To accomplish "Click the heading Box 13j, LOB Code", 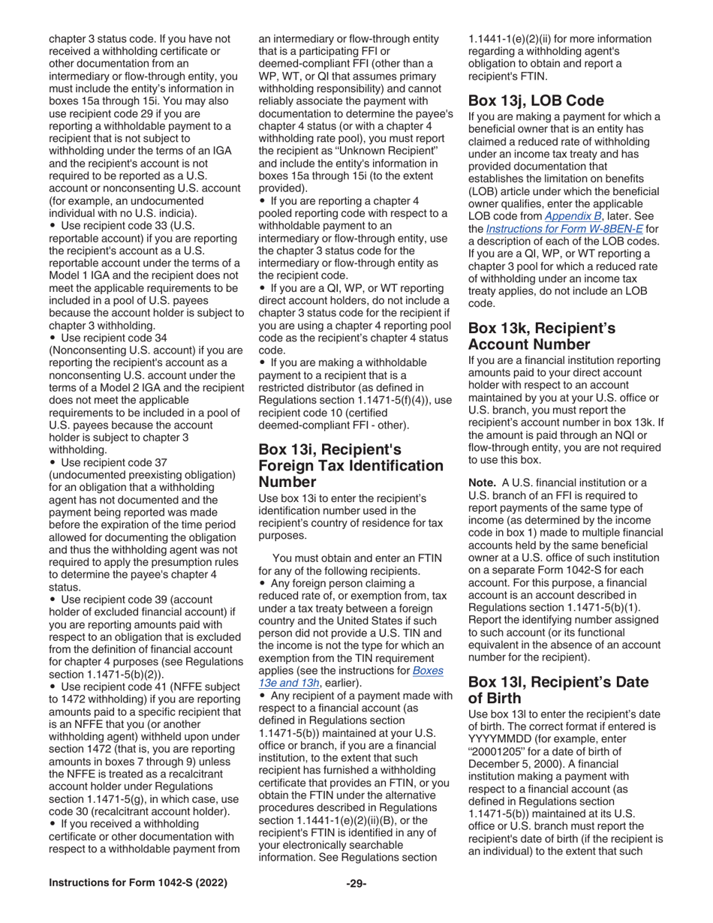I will click(x=536, y=101).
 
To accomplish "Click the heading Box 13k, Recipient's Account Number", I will click(x=541, y=336).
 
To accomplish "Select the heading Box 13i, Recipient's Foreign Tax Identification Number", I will click(x=350, y=465).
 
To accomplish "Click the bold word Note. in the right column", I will click(x=483, y=483).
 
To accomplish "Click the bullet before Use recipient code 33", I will click(x=52, y=226).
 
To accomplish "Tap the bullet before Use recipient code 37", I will click(x=52, y=463).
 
